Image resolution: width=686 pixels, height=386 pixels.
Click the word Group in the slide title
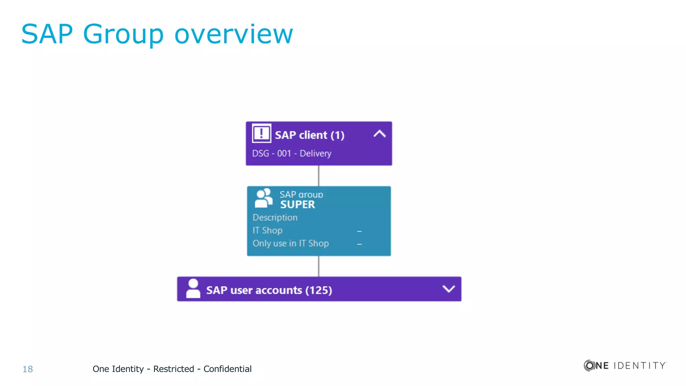[123, 34]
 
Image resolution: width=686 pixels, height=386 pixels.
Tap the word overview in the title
[233, 34]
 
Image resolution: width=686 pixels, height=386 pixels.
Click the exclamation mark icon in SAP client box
[261, 133]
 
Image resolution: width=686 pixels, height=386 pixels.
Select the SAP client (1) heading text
[310, 135]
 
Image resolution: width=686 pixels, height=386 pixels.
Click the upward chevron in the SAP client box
[380, 134]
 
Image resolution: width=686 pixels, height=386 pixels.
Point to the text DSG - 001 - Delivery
[291, 153]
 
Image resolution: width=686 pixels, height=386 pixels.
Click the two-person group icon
[264, 198]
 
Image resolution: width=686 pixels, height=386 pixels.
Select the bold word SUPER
[297, 204]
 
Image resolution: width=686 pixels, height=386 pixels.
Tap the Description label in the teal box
[275, 217]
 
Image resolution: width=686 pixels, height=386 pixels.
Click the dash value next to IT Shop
[359, 231]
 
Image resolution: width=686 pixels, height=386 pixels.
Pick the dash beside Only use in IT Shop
[359, 244]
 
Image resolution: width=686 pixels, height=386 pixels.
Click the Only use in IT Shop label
[290, 243]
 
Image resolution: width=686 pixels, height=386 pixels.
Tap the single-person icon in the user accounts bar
[193, 288]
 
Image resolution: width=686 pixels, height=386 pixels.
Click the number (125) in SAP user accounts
[319, 290]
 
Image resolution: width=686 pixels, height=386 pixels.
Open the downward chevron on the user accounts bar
[449, 289]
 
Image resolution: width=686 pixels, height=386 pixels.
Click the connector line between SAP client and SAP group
[319, 176]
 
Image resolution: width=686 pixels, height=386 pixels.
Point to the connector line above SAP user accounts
[319, 266]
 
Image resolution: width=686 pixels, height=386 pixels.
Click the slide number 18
[27, 369]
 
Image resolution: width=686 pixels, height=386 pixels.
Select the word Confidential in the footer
[227, 369]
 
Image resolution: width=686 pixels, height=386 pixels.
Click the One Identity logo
[625, 365]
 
